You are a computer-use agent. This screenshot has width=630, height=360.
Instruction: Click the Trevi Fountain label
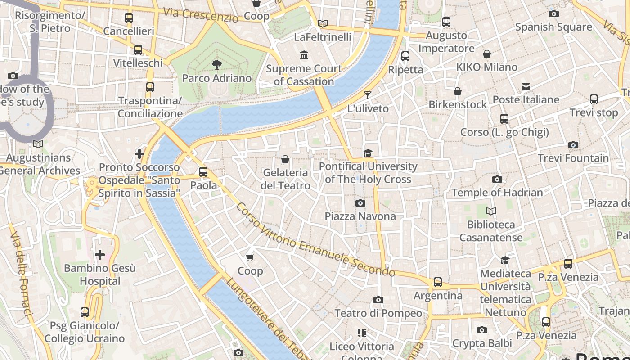point(573,158)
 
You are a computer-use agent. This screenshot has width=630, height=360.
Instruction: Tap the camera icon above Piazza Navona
point(360,203)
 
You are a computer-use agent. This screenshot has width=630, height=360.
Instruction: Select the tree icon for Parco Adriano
point(216,64)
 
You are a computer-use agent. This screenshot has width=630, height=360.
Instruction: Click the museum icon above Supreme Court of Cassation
point(304,55)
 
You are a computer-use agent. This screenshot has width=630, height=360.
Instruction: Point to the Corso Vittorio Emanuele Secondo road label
point(315,240)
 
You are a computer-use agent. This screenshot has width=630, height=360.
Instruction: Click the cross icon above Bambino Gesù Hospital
point(99,255)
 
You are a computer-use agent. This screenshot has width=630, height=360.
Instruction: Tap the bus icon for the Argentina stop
point(438,282)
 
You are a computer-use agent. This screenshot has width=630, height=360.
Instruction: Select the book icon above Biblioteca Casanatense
point(491,211)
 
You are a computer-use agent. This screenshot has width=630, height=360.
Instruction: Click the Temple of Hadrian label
point(497,193)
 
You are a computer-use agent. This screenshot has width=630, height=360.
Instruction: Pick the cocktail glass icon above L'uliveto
point(368,95)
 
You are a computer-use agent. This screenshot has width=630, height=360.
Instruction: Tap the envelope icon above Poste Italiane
point(526,86)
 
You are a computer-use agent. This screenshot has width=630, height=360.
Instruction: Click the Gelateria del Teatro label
point(285,179)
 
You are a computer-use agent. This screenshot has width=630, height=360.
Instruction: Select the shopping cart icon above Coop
point(250,257)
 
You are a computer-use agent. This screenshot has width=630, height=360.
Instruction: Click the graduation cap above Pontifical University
point(368,153)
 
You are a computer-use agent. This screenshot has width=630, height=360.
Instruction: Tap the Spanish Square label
point(553,27)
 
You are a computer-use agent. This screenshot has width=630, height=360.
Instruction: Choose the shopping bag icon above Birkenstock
point(458,91)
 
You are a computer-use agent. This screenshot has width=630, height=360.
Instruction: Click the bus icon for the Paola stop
point(203,171)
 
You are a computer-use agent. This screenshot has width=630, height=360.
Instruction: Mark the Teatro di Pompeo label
point(378,313)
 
